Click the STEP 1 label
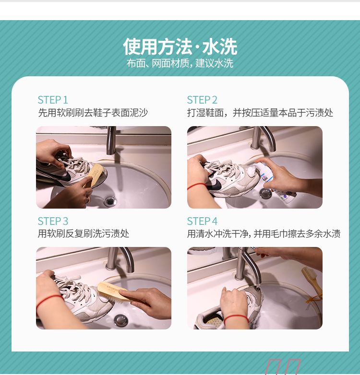(x=53, y=100)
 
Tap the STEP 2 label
(x=202, y=100)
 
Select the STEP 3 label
(x=53, y=221)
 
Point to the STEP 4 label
(x=202, y=221)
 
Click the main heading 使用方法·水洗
(x=180, y=47)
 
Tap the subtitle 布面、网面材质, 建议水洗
(x=180, y=63)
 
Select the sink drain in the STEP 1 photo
(x=110, y=200)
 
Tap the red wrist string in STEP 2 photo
(x=197, y=186)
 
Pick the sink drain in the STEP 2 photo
(x=265, y=193)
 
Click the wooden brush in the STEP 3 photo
(x=112, y=291)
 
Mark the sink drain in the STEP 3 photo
(x=121, y=320)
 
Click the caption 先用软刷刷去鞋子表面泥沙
(x=93, y=112)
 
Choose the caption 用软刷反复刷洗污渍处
(x=84, y=234)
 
